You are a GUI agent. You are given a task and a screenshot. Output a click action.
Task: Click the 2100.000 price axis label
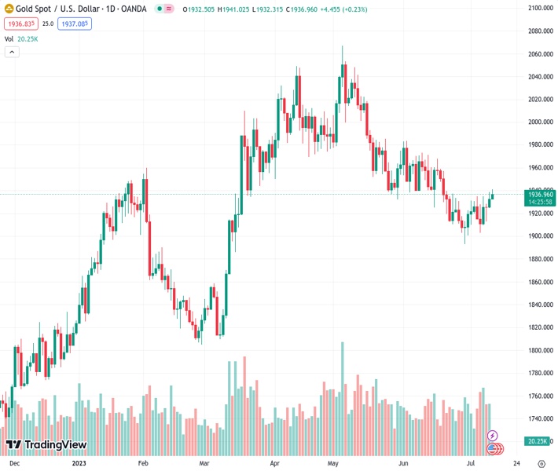[x=541, y=9]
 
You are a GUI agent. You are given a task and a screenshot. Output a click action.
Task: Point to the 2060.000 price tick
[x=541, y=54]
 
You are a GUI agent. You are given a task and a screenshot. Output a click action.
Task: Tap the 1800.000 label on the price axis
[x=541, y=350]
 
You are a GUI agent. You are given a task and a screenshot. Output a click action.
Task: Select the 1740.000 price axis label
[x=541, y=418]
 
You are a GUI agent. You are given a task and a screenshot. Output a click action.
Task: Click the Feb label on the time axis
[x=143, y=463]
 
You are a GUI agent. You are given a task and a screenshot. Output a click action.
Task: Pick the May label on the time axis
[x=332, y=463]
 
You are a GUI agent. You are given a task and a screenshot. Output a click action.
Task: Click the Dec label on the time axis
[x=15, y=463]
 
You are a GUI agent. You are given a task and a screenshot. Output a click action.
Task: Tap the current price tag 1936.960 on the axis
[x=541, y=194]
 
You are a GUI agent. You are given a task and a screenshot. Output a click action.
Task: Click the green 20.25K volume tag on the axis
[x=538, y=441]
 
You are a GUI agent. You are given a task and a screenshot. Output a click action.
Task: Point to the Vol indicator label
[x=9, y=38]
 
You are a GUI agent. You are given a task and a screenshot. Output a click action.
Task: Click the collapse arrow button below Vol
[x=11, y=52]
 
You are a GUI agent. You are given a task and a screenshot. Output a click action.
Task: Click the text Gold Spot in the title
[x=34, y=9]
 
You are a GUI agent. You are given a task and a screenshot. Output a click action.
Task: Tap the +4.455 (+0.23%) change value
[x=339, y=9]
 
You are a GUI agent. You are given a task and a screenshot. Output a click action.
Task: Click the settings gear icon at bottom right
[x=541, y=463]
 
